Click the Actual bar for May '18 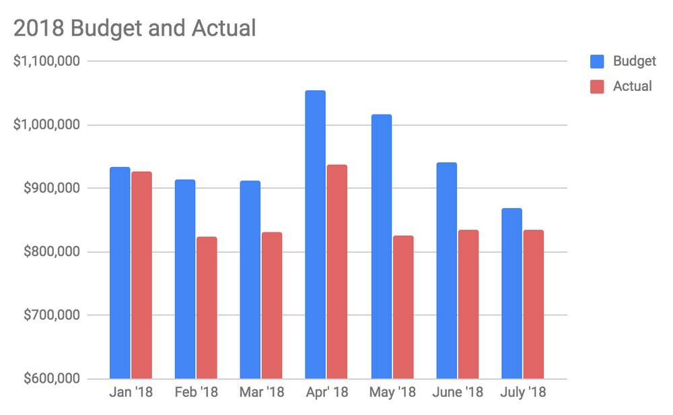pyautogui.click(x=403, y=307)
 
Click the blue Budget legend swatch pyautogui.click(x=597, y=62)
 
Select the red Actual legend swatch pyautogui.click(x=597, y=86)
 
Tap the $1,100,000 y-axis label pyautogui.click(x=47, y=61)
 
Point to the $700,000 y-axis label pyautogui.click(x=51, y=315)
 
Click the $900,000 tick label pyautogui.click(x=51, y=189)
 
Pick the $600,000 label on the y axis pyautogui.click(x=51, y=379)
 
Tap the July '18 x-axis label pyautogui.click(x=523, y=392)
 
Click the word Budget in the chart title pyautogui.click(x=96, y=28)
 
